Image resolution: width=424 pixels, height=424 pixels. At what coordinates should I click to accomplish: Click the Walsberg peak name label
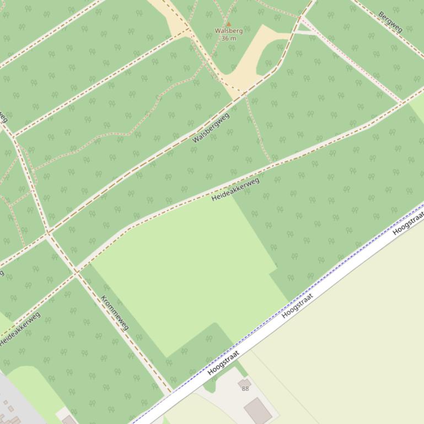tap(228, 31)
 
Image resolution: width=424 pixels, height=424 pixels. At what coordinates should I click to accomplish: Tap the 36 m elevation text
tap(228, 39)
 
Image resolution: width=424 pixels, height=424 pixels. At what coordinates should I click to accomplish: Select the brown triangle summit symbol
tap(228, 24)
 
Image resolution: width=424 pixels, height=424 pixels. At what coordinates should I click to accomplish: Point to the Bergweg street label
tap(390, 21)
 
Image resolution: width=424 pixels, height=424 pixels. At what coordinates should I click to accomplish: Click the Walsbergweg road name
tap(211, 128)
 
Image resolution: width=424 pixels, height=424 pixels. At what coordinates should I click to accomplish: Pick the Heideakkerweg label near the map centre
tap(235, 189)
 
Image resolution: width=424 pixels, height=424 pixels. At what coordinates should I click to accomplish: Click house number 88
tap(245, 388)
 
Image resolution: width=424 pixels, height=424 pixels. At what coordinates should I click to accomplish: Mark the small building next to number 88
tap(244, 382)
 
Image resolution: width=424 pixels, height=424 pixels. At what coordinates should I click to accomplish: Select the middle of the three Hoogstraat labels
tap(297, 306)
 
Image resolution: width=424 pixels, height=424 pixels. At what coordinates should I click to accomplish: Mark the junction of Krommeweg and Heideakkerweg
tap(76, 271)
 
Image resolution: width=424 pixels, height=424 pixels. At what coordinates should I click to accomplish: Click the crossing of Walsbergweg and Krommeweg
tap(49, 233)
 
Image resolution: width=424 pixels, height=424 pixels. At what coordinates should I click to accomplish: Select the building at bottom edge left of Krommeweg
tap(69, 420)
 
